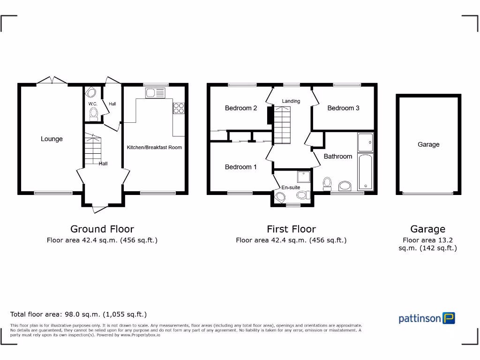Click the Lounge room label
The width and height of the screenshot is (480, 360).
tap(52, 139)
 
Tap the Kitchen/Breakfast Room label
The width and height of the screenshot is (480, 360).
tap(154, 147)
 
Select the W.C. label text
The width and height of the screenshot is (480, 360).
tap(92, 104)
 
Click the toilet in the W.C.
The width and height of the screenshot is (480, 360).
tap(94, 113)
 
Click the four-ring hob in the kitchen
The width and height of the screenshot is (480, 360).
tap(179, 108)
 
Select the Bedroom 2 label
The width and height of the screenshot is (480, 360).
tap(241, 108)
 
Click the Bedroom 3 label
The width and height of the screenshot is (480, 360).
tap(343, 108)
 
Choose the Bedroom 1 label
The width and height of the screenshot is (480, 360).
tap(241, 167)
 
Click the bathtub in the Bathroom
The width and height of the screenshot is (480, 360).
tap(365, 172)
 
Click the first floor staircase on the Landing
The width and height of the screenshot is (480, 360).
tap(282, 125)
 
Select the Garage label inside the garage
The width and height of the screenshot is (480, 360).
tap(428, 144)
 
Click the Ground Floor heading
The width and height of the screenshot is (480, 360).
tap(102, 229)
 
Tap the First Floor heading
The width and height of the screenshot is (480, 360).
tap(291, 229)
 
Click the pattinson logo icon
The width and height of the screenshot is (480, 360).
tap(449, 318)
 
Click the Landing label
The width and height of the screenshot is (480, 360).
tap(291, 101)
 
